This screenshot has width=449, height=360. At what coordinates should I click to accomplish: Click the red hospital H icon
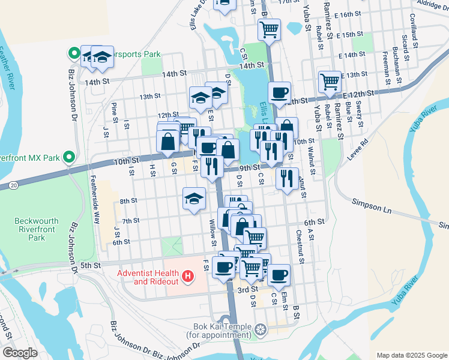tap(188, 277)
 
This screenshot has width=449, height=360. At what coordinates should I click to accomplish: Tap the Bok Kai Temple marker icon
tap(260, 329)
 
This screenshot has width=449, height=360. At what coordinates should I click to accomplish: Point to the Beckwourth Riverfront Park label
tap(37, 229)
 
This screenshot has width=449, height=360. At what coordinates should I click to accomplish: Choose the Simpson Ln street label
tap(372, 203)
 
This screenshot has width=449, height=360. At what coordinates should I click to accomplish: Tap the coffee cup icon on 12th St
tap(279, 93)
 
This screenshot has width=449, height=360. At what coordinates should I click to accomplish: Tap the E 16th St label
tap(351, 13)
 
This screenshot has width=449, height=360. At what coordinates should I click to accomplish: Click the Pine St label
tap(114, 113)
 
